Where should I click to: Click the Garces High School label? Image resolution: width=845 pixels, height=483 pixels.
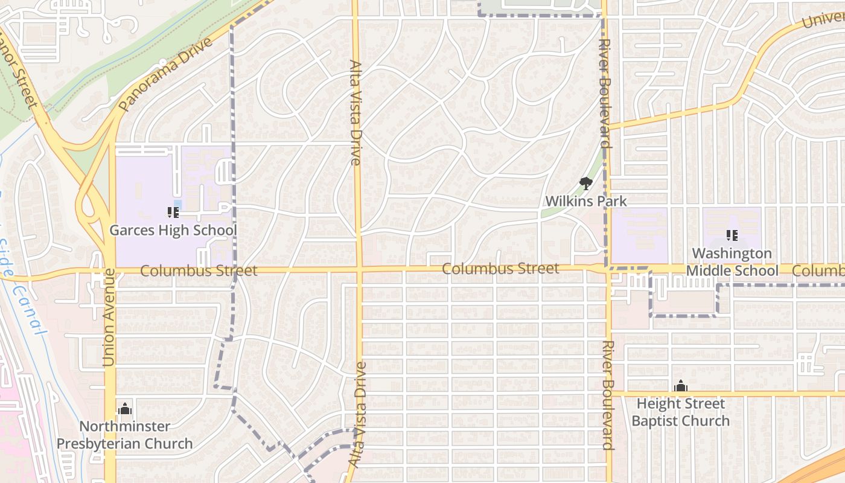[x=173, y=230]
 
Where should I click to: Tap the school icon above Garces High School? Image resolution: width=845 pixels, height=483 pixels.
[x=173, y=213]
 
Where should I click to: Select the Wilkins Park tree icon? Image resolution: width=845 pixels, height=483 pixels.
[x=585, y=184]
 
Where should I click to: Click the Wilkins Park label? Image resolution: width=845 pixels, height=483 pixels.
[x=585, y=200]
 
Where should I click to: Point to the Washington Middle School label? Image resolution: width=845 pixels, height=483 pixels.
[x=732, y=262]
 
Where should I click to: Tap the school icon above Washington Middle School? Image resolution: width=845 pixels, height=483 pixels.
[x=732, y=235]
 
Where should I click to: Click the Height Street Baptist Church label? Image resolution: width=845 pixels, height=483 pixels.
[x=680, y=412]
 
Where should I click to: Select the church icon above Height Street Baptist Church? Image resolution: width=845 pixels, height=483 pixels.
[x=681, y=386]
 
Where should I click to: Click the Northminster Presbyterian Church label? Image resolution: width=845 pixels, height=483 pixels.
[x=125, y=435]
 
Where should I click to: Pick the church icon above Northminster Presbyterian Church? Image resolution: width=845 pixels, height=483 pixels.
[x=125, y=409]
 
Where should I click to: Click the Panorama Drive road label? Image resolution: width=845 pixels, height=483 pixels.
[x=166, y=74]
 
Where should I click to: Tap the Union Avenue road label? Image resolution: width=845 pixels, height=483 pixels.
[x=109, y=317]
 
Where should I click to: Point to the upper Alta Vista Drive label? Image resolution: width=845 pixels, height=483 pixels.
[x=356, y=112]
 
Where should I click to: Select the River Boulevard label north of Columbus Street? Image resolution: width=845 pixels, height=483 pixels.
[x=606, y=94]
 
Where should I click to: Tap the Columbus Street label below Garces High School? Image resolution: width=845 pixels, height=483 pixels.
[x=199, y=270]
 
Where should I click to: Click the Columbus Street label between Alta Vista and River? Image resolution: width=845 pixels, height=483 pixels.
[x=500, y=268]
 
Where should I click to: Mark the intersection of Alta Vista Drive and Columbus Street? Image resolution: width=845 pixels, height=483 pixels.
[x=359, y=269]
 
